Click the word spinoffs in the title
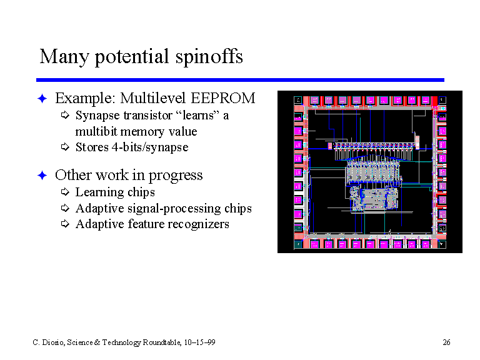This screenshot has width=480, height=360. (209, 57)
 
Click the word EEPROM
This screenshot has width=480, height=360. (223, 98)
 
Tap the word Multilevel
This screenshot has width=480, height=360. (152, 98)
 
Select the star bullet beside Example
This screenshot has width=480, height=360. (42, 99)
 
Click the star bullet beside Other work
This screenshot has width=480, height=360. (42, 176)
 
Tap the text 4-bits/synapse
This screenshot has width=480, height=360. (150, 147)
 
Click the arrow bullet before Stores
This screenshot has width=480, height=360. (65, 147)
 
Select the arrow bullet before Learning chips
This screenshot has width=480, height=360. (65, 192)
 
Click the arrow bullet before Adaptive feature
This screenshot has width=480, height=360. (65, 224)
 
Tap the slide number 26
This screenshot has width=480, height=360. (446, 342)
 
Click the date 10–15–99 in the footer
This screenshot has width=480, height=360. (199, 342)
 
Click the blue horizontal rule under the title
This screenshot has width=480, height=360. (240, 80)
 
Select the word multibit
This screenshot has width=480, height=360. (96, 132)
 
